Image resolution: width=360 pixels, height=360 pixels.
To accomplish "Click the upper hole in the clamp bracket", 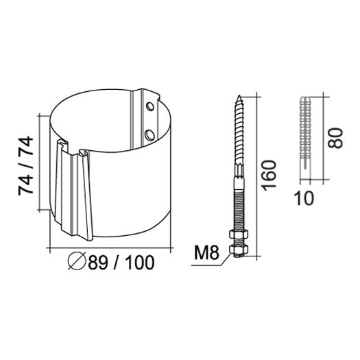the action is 150,106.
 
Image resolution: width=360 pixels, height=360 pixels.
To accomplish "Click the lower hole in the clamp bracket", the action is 150,135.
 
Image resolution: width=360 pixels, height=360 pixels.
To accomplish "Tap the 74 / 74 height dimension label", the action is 26,165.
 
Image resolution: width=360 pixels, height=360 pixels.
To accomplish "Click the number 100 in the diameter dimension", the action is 140,263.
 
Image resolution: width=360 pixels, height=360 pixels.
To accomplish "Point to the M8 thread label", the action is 206,252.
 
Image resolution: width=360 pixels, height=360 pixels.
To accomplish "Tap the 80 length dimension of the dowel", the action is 335,138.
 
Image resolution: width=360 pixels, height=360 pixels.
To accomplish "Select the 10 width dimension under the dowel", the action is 304,198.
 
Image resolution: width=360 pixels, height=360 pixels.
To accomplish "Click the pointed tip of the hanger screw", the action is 239,95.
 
